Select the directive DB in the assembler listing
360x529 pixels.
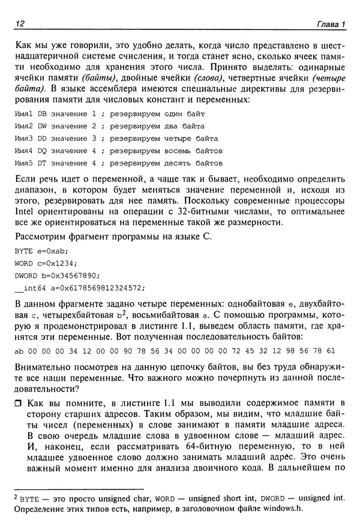pyautogui.click(x=41, y=113)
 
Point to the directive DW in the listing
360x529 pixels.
pyautogui.click(x=41, y=126)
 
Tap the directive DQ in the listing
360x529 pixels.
pyautogui.click(x=41, y=151)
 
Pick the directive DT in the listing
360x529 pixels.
pyautogui.click(x=41, y=163)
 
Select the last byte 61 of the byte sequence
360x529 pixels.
pyautogui.click(x=331, y=350)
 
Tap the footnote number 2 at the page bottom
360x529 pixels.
pyautogui.click(x=16, y=496)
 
